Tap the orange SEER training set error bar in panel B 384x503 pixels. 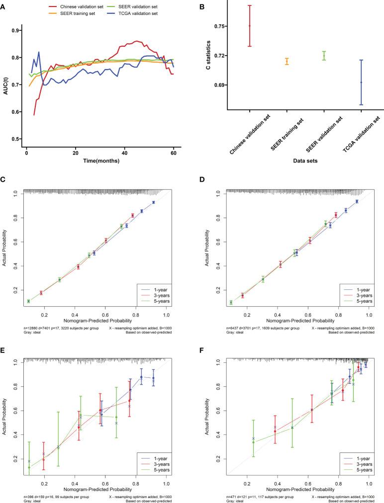[287, 62]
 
